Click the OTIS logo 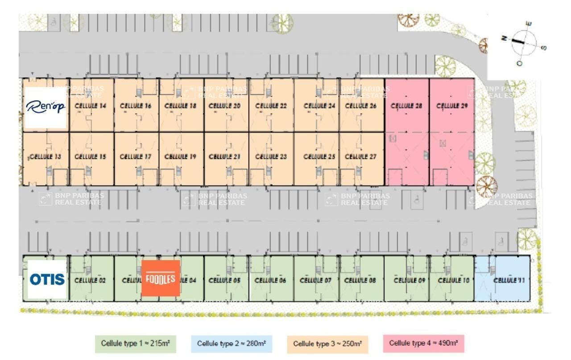47,280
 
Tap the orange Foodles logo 161,278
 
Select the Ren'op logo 46,107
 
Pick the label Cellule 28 406,106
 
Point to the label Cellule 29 451,106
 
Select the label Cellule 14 91,106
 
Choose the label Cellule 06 270,281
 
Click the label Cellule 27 361,157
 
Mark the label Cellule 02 90,281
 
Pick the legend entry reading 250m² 327,344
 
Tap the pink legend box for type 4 423,343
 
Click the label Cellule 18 180,106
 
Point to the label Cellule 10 454,281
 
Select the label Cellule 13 45,157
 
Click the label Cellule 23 271,157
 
